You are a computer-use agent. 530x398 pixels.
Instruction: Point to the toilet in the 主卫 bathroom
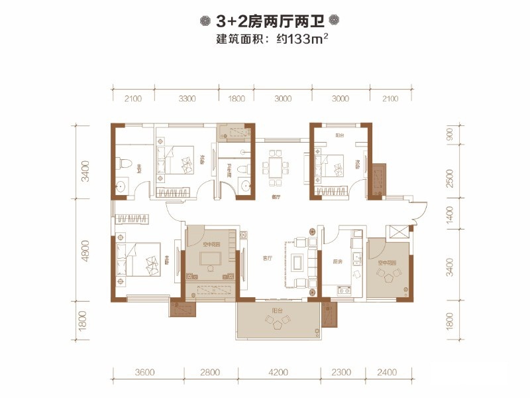click(125, 163)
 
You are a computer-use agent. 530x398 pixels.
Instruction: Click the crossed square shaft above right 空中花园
click(399, 232)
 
